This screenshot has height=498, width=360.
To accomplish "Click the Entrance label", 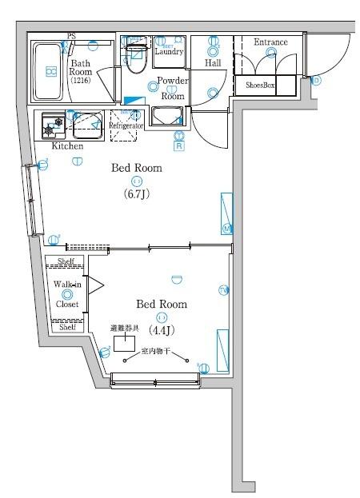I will point(270,42).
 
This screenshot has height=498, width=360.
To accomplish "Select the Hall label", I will point(213,62).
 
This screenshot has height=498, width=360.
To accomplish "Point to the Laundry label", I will point(169,52).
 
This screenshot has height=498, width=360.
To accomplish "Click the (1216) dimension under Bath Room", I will point(81,80).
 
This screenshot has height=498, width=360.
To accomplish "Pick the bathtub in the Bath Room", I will point(50,71).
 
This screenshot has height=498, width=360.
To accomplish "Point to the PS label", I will point(71,36).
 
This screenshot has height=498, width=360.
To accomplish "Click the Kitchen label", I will point(67,146).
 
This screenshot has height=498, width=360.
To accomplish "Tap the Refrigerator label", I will point(126,126).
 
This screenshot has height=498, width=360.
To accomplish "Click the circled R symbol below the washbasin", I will point(179,145).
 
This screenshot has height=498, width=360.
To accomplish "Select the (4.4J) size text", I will point(162,329).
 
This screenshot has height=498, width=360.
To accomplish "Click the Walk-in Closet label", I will point(67,294).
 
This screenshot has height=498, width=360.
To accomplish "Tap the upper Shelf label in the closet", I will point(67,261).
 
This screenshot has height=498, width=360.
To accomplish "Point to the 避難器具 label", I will point(125,329).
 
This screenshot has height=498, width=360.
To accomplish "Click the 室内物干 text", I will point(156,351).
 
